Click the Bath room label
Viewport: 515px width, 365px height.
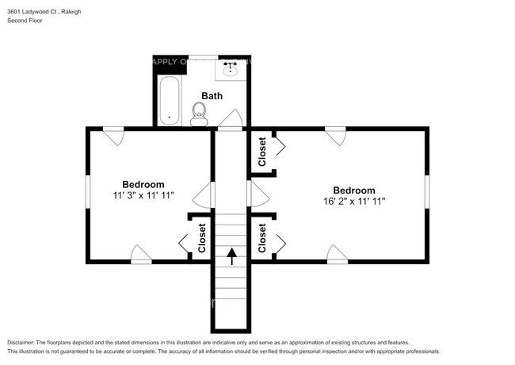point(212,96)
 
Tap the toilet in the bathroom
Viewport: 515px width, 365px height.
point(199,114)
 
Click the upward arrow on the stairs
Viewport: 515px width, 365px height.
point(231,255)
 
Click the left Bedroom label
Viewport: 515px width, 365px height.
point(143,184)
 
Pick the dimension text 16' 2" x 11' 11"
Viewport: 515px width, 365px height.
point(353,202)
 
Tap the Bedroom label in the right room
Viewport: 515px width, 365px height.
point(353,190)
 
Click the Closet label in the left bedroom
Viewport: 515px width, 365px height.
point(202,236)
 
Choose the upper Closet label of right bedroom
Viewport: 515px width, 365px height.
point(261,152)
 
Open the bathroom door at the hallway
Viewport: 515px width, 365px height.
point(231,119)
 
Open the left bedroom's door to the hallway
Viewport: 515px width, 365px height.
point(206,194)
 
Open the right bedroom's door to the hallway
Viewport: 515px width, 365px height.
point(257,194)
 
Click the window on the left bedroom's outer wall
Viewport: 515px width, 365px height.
point(88,193)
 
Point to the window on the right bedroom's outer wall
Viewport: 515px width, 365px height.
point(426,193)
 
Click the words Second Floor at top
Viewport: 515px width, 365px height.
point(25,21)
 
